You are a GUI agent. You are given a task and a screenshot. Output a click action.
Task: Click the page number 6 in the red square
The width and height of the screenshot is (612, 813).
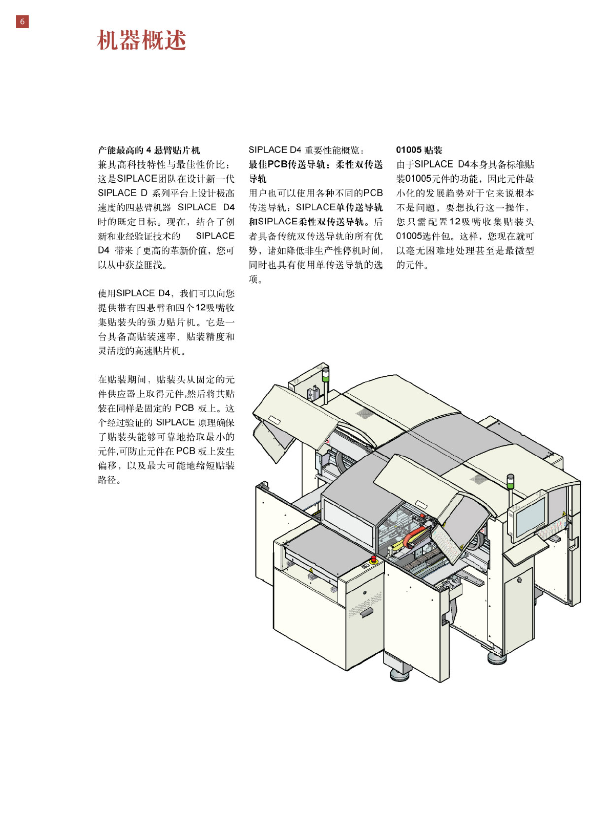click(x=22, y=22)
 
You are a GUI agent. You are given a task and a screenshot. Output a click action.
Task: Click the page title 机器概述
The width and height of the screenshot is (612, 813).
click(x=141, y=40)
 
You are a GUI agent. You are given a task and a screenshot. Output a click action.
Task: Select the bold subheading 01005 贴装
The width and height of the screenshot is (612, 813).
click(x=419, y=150)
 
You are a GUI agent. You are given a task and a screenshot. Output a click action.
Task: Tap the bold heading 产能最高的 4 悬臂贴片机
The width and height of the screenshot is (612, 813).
click(x=149, y=150)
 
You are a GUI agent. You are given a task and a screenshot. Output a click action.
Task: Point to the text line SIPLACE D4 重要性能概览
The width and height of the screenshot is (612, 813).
click(x=306, y=150)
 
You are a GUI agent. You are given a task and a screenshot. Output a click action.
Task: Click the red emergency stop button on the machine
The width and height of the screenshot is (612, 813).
click(x=373, y=558)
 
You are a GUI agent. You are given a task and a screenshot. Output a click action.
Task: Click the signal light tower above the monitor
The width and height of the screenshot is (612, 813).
click(x=510, y=483)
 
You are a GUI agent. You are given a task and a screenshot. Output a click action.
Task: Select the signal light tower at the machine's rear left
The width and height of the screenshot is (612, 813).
click(x=325, y=375)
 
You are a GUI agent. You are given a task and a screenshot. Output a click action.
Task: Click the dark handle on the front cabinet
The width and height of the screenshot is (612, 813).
click(x=367, y=612)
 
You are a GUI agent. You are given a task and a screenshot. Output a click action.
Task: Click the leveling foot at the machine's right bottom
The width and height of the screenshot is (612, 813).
click(x=497, y=656)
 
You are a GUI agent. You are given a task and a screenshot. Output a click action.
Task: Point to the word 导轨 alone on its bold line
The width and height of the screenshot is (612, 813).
click(x=258, y=179)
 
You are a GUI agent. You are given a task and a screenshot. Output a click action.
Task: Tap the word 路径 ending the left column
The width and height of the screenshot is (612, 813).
click(x=109, y=480)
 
